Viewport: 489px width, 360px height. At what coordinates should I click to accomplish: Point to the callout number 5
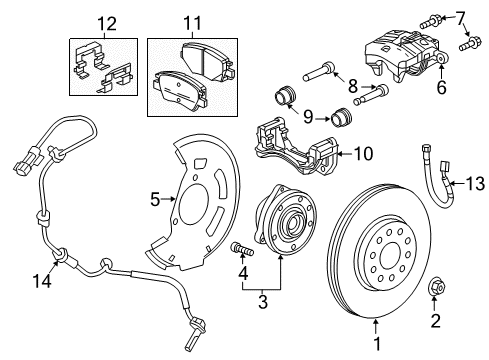tap(155, 199)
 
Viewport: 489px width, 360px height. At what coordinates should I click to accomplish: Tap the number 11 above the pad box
tap(185, 21)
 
